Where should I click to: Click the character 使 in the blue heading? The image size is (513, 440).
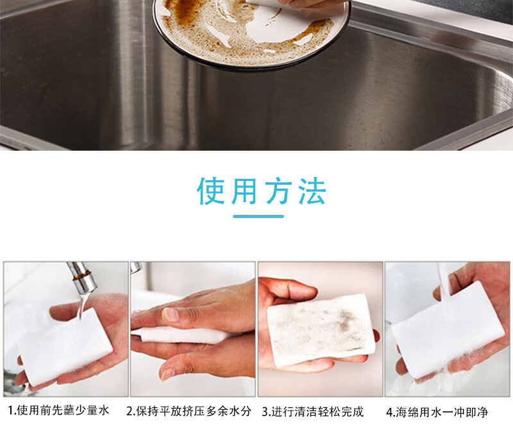[211, 191]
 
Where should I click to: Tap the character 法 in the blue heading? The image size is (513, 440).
[312, 191]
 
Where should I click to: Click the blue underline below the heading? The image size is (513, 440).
[258, 216]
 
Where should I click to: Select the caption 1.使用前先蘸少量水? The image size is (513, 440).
[58, 410]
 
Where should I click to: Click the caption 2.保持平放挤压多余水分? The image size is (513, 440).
[189, 411]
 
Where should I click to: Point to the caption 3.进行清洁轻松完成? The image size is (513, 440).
[313, 412]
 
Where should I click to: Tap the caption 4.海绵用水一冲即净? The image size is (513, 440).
[437, 412]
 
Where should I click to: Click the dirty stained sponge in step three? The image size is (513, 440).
[321, 329]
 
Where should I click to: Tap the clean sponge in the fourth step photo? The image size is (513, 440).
[448, 330]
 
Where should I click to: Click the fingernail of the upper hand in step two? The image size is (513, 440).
[171, 314]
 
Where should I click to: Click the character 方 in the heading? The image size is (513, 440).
[278, 191]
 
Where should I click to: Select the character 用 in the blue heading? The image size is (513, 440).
[244, 191]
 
